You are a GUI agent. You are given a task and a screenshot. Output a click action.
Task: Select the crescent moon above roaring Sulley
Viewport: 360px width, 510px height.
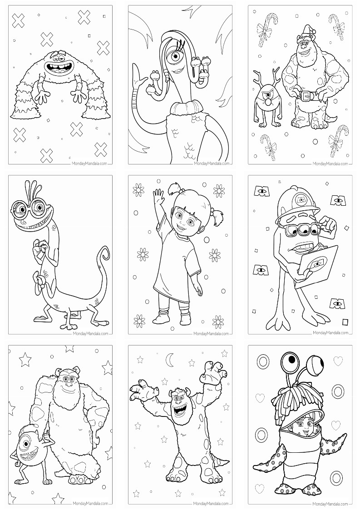coord(170,359)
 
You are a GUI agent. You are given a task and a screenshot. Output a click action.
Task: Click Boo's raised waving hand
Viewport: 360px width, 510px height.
coord(159,198)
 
